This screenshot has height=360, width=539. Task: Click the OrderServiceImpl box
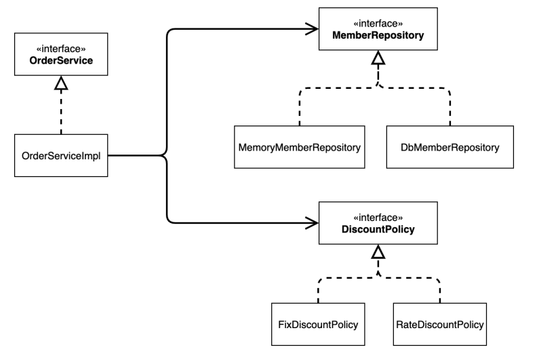pyautogui.click(x=61, y=155)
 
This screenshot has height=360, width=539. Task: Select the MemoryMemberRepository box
pyautogui.click(x=300, y=147)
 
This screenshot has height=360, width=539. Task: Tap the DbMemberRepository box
pyautogui.click(x=450, y=147)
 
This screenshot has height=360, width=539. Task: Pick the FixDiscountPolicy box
pyautogui.click(x=318, y=324)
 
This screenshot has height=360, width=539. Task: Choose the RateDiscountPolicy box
pyautogui.click(x=439, y=324)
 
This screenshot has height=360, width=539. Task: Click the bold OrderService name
pyautogui.click(x=61, y=60)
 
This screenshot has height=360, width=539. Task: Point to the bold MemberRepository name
pyautogui.click(x=378, y=35)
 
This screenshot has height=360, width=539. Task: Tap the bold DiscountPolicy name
pyautogui.click(x=378, y=229)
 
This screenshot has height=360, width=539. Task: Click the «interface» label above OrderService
pyautogui.click(x=61, y=49)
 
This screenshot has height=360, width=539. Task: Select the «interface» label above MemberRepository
pyautogui.click(x=378, y=23)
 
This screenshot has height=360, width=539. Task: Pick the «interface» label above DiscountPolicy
pyautogui.click(x=378, y=218)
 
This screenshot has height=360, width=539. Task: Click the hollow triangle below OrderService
pyautogui.click(x=61, y=83)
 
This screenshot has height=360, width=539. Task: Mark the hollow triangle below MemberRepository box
pyautogui.click(x=378, y=58)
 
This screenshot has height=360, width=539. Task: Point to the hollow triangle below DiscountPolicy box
pyautogui.click(x=378, y=252)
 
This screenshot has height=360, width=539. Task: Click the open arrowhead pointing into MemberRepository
pyautogui.click(x=312, y=29)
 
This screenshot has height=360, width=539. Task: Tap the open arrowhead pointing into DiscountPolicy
pyautogui.click(x=312, y=223)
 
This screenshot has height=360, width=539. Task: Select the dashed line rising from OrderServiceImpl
pyautogui.click(x=61, y=112)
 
